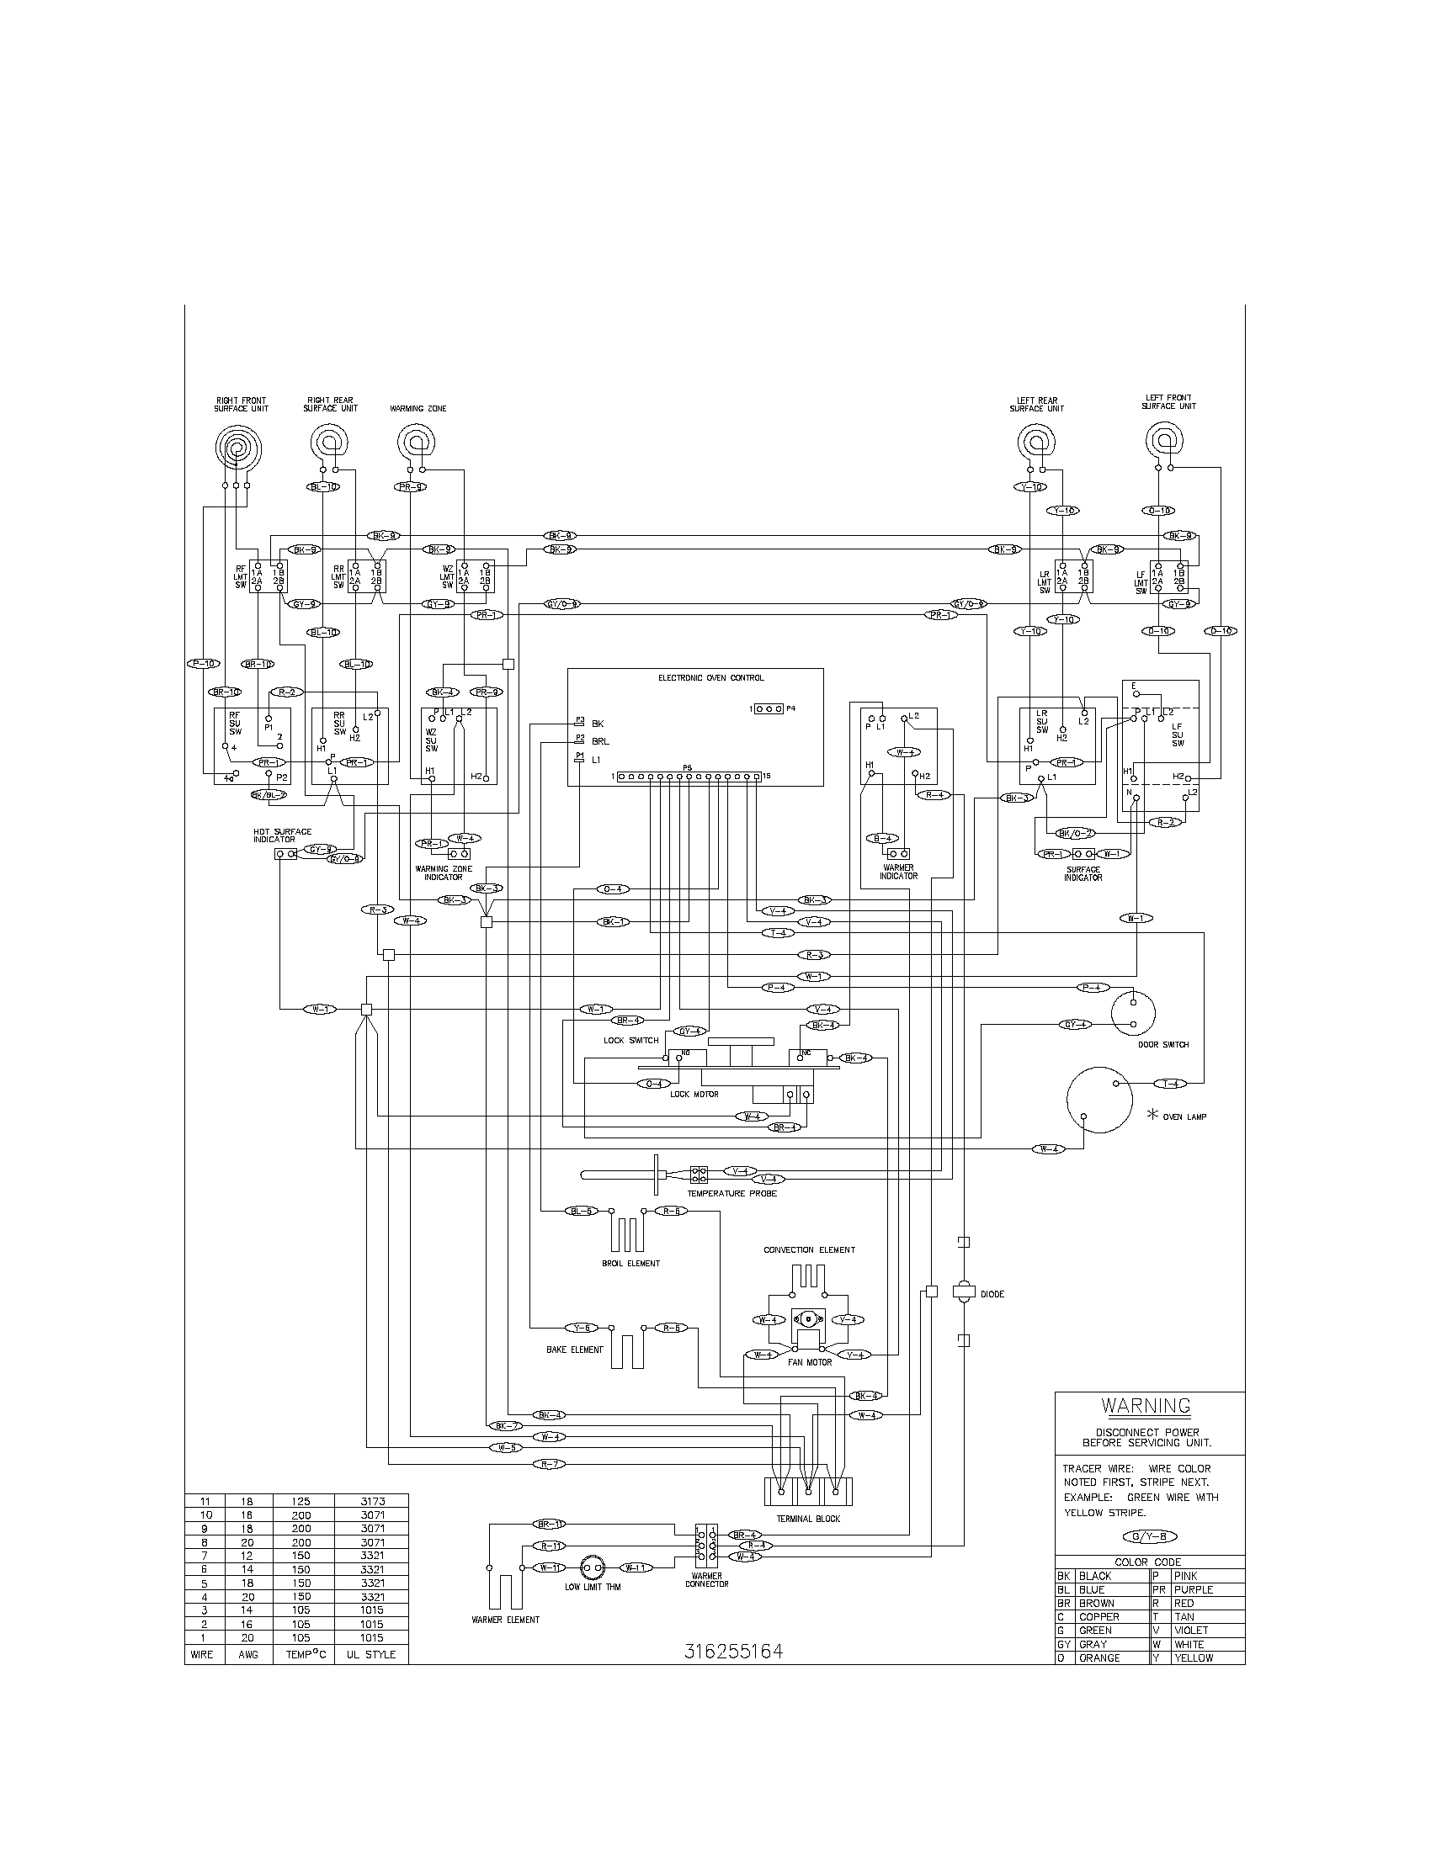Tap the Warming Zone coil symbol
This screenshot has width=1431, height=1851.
(414, 442)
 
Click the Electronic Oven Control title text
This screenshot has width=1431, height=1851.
(710, 678)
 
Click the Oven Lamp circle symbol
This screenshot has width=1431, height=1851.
(1099, 1100)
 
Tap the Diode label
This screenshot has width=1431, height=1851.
(992, 1294)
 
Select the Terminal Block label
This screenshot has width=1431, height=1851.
(808, 1519)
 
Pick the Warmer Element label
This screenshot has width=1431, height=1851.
(505, 1620)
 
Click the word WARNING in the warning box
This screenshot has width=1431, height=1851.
(1146, 1405)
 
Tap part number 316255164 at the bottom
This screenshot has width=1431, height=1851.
(733, 1651)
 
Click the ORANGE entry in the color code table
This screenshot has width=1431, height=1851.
(1099, 1657)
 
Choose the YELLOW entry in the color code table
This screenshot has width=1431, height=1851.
(1194, 1657)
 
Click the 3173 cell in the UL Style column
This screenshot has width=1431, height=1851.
(371, 1501)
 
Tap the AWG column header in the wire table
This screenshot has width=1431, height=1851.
(249, 1654)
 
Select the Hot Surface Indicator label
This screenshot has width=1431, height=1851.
(282, 835)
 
